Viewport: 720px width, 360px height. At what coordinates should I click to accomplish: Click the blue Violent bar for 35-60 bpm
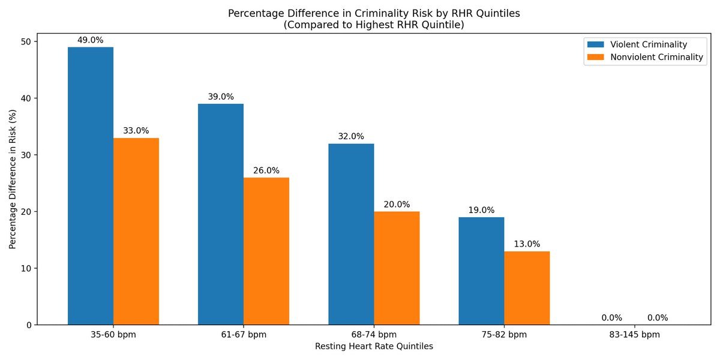coord(91,186)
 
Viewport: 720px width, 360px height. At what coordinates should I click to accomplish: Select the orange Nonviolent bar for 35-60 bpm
coord(136,232)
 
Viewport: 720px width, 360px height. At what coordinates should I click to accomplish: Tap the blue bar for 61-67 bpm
coord(221,214)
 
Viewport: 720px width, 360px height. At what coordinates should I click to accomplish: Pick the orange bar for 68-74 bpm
coord(397,268)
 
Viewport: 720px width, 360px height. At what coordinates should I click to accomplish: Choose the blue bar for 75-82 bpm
coord(481,271)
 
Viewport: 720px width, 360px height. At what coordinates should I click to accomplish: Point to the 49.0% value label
coord(91,40)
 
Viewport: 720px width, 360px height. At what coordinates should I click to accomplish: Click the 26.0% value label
coord(266,170)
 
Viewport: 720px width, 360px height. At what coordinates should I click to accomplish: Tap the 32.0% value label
coord(351,136)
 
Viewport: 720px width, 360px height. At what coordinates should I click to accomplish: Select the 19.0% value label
coord(481,210)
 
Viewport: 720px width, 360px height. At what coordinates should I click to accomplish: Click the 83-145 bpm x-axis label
coord(634,335)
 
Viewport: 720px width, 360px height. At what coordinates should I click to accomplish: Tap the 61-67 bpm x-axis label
coord(244,335)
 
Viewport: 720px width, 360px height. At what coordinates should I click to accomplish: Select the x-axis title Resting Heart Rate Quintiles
coord(373,346)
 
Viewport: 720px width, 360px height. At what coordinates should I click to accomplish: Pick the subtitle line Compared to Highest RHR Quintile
coord(373,25)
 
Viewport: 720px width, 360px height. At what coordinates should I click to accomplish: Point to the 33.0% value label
coord(136,131)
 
